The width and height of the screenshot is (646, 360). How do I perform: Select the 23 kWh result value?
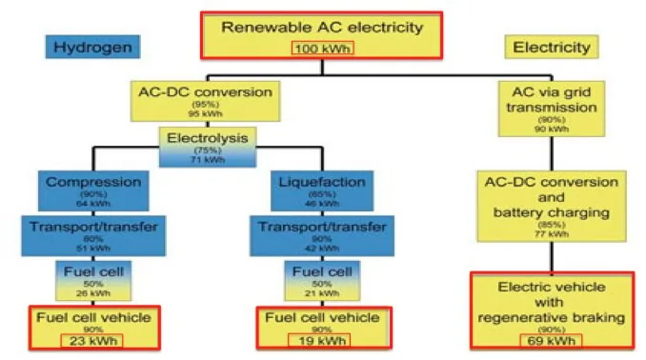(x=93, y=337)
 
